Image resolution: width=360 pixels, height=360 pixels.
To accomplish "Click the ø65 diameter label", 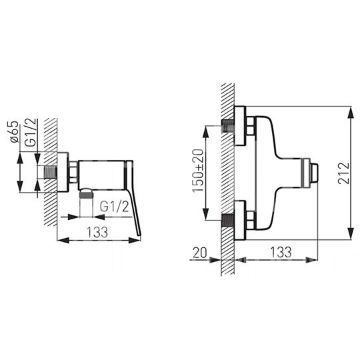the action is click(15, 132).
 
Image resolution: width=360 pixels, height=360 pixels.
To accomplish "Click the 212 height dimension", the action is click(344, 173).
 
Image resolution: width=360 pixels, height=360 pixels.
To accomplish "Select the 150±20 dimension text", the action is click(198, 171).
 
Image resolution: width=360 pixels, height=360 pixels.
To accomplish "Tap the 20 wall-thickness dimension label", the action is click(200, 253).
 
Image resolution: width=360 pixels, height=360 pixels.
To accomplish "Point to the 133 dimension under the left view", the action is click(97, 232).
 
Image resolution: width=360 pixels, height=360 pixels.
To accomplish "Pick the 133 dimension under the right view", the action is click(281, 252).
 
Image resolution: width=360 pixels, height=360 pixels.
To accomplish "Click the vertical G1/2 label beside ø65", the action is click(31, 133).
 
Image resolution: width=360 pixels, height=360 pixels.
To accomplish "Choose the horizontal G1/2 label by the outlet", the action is click(115, 207).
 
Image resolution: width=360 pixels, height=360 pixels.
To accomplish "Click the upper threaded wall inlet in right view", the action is click(228, 126).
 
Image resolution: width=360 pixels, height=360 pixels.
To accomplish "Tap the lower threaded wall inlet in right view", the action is click(228, 221).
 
